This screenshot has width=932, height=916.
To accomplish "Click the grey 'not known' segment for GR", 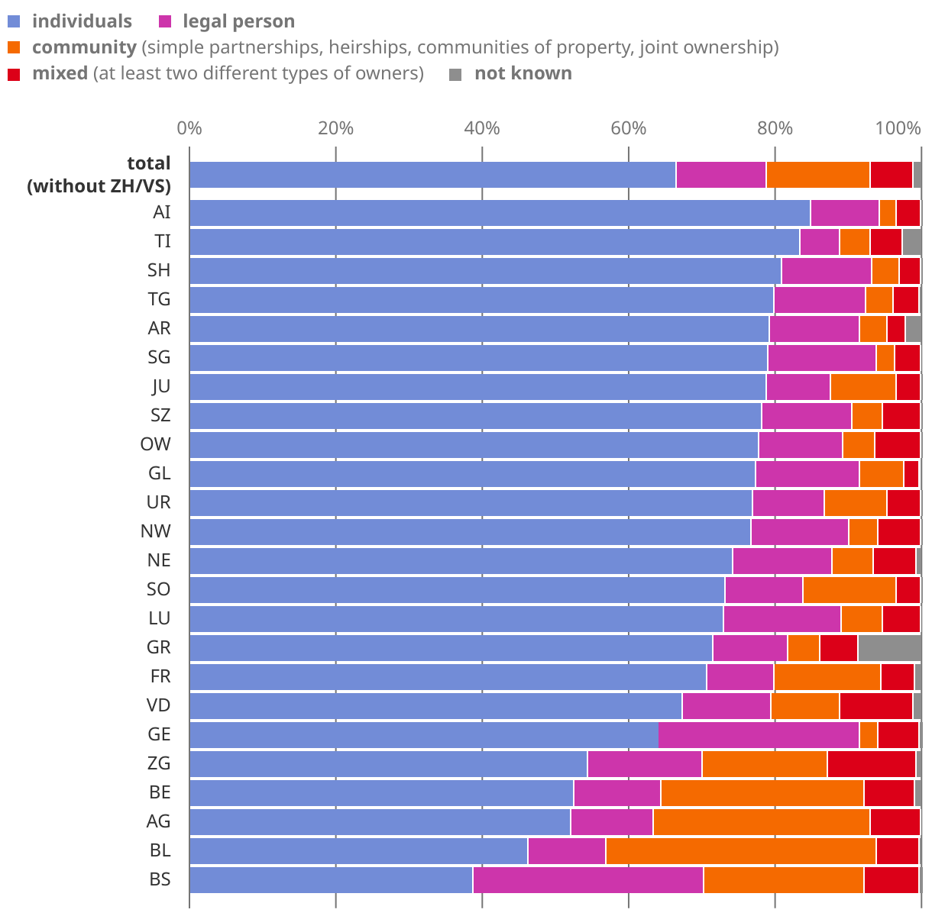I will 889,648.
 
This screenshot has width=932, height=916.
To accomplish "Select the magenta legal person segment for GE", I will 759,735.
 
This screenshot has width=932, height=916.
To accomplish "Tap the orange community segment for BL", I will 740,851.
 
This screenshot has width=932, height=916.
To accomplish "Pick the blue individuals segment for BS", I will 331,880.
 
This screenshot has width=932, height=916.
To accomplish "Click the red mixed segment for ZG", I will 871,764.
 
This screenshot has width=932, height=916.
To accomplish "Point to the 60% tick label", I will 629,127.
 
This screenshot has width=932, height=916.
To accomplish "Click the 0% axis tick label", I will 189,127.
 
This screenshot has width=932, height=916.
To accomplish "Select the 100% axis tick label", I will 898,127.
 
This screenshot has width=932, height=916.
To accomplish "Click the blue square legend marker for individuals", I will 14,22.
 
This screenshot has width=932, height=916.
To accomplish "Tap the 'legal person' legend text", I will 238,21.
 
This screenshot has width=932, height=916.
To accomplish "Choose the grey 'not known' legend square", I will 455,74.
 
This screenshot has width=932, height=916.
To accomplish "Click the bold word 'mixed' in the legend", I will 60,73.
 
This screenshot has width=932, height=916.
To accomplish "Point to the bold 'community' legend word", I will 84,47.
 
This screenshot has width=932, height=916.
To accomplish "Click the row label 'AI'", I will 161,212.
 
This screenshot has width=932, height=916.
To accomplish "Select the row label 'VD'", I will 158,705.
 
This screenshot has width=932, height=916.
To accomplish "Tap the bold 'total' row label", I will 148,163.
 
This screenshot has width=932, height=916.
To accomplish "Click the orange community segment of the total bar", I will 817,175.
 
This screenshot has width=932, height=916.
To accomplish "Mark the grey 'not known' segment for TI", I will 911,242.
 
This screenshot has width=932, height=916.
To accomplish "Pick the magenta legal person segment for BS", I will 587,880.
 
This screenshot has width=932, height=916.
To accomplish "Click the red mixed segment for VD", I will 875,706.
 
